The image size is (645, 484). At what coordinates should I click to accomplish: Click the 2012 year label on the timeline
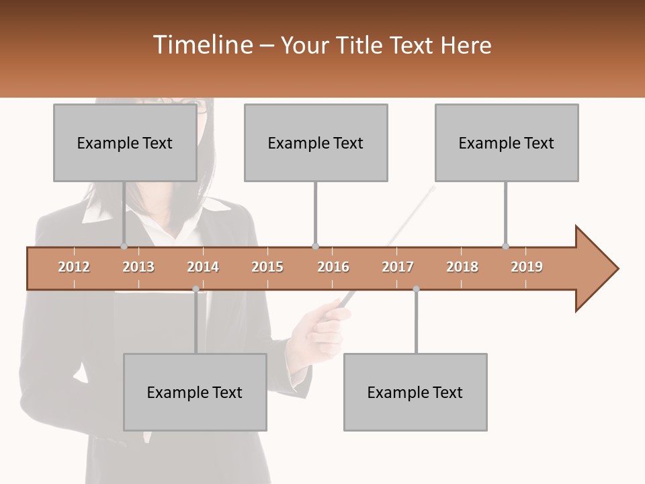pos(74,267)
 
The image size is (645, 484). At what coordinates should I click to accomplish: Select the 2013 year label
pos(138,267)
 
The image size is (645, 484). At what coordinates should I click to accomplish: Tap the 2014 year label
pos(203,267)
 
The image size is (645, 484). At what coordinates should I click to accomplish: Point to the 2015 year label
pos(267,267)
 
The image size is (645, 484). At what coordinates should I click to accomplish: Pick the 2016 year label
pos(333,267)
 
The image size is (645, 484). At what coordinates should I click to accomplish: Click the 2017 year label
pos(398,267)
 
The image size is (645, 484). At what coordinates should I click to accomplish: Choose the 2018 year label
pos(462,267)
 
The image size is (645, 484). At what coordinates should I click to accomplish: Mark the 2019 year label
pos(527,267)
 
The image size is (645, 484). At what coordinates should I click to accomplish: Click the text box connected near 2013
pos(125,143)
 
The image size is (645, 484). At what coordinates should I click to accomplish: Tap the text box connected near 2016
pos(316,143)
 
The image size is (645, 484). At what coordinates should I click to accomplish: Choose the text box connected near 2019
pos(507,143)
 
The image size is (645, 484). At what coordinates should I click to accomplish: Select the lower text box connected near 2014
pos(195,392)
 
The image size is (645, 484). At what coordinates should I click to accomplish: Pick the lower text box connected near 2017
pos(415,392)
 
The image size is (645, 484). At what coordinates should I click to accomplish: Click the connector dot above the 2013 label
pos(124,247)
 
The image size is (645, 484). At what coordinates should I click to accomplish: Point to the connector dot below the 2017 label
pos(416,289)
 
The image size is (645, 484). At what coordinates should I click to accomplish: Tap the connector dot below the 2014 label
pos(196,289)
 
